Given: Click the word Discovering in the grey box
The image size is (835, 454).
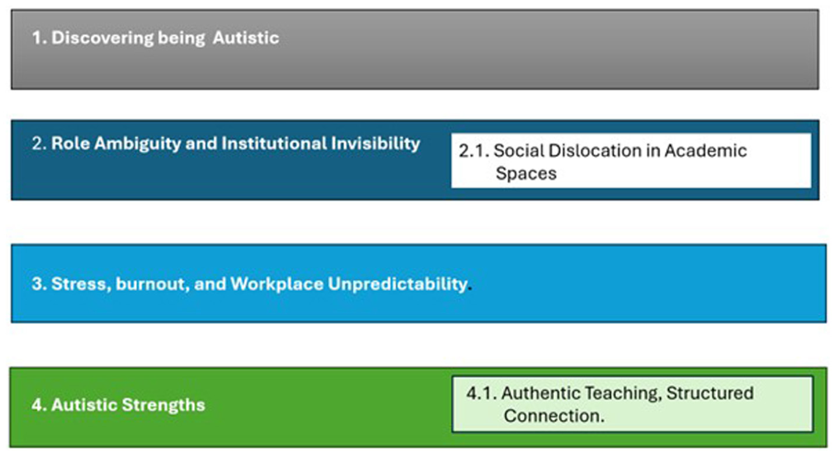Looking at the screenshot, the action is click(x=102, y=38).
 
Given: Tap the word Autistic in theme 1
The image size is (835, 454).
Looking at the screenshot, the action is click(x=246, y=38).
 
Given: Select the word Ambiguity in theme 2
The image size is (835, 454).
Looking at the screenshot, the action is click(x=137, y=144).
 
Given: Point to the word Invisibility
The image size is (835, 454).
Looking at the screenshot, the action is click(x=375, y=144).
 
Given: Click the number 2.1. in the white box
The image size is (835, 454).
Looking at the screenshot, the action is click(x=474, y=151).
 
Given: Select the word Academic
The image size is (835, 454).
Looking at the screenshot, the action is click(x=706, y=151).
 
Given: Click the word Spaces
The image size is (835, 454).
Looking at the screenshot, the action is click(x=526, y=174).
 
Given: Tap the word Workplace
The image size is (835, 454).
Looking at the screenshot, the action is click(x=277, y=284).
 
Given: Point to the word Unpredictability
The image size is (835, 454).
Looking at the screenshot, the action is click(x=398, y=284).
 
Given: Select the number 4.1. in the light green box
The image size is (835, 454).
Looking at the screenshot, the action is click(x=481, y=393).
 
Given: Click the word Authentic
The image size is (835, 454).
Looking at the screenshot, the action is click(x=541, y=393).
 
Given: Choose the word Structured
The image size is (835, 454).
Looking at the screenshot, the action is click(x=710, y=393).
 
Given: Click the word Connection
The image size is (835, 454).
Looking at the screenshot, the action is click(x=553, y=416).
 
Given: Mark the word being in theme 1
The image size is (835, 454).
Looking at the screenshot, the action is click(x=181, y=38).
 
